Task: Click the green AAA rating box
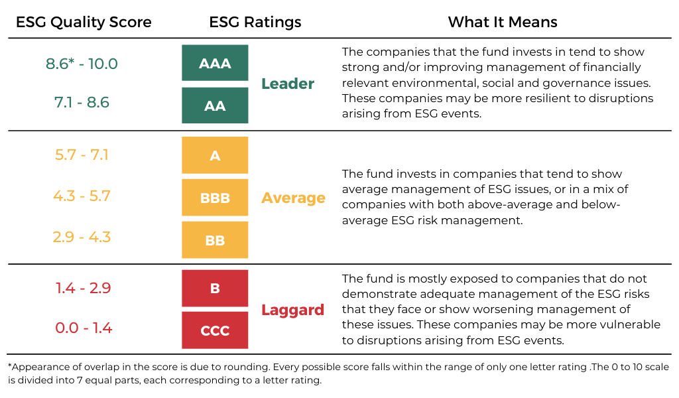215,63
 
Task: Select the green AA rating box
215,105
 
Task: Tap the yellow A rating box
215,155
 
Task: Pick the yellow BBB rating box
215,198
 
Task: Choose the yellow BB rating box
215,240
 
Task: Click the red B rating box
215,288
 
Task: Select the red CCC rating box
215,330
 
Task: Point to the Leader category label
288,84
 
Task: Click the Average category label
293,198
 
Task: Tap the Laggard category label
292,310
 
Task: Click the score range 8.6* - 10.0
82,64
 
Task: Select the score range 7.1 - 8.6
82,102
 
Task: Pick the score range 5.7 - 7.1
82,155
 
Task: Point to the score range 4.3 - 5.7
82,196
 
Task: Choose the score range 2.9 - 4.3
82,237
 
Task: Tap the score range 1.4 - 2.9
83,288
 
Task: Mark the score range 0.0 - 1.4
84,328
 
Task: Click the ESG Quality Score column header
84,22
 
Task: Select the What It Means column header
503,22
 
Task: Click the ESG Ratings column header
255,22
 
